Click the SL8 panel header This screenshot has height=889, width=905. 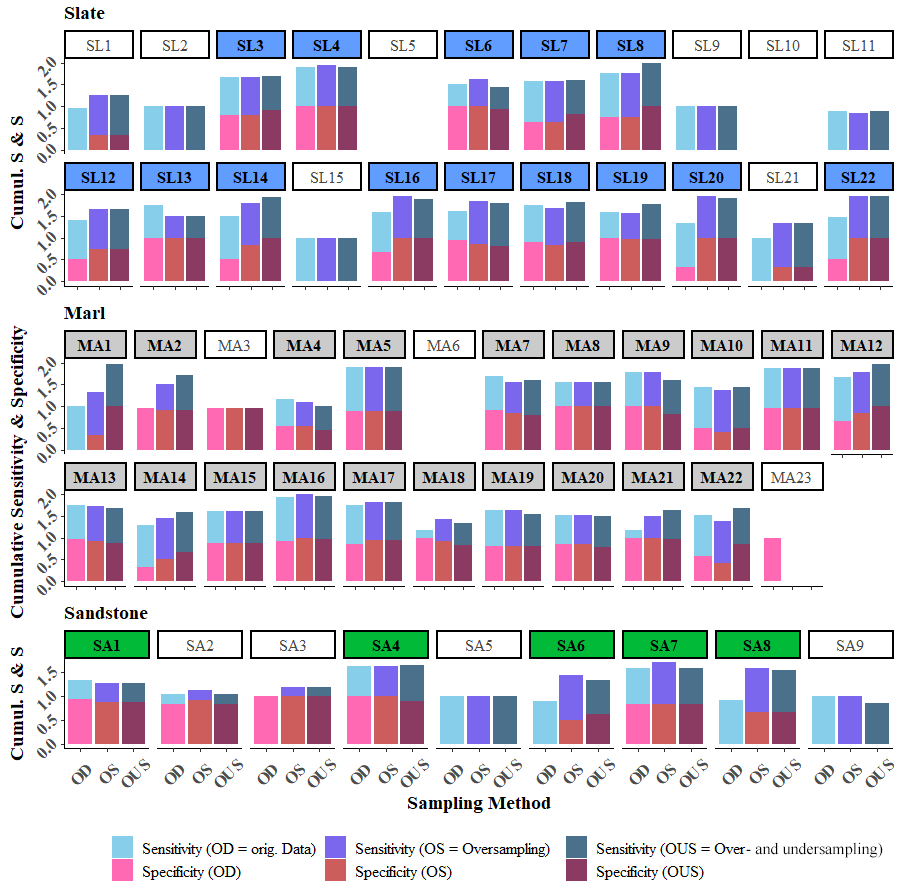coord(630,45)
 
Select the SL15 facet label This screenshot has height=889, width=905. coord(326,177)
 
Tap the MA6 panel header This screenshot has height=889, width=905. coord(443,345)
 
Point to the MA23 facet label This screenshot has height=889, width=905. coord(792,477)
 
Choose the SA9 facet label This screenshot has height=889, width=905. coord(849,645)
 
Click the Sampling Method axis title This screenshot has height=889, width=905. coord(478,802)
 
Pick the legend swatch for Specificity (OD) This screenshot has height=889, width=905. coord(123,871)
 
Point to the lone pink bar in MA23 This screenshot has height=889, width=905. coord(773,560)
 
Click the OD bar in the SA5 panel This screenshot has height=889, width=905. coord(452,720)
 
